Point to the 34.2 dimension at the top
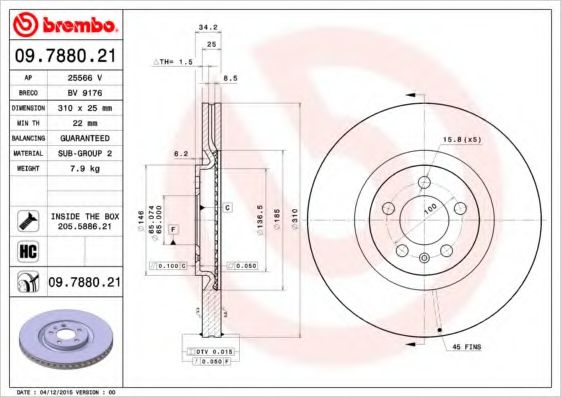208,29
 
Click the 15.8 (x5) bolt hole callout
461,139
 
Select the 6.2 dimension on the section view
180,154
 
